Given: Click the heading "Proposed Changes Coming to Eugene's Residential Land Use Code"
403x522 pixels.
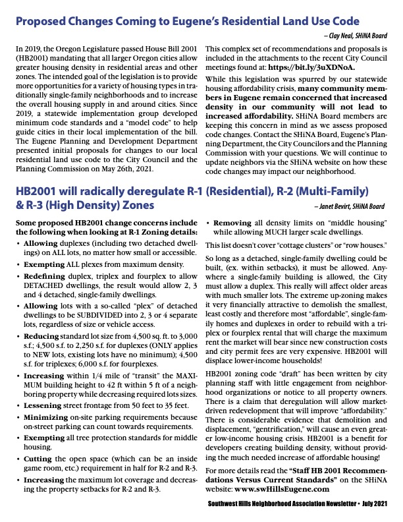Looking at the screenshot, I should [187, 22].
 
